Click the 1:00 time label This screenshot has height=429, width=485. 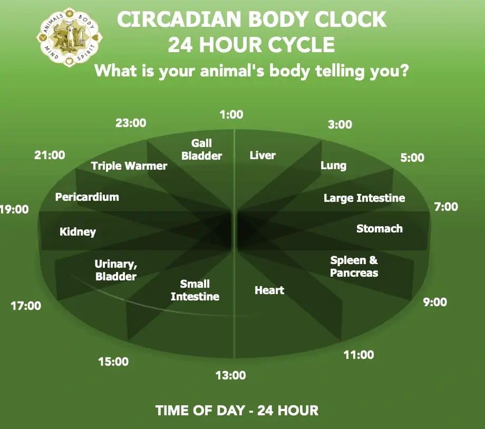pos(231,114)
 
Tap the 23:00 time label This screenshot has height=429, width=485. pos(131,123)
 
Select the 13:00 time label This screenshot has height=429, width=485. pos(230,375)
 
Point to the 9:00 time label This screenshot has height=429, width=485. pos(435,302)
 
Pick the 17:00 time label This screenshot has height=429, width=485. pos(26,306)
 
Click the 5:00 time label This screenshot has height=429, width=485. pos(412,158)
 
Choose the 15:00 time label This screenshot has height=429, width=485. pos(113,361)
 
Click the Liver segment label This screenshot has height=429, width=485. pos(263,155)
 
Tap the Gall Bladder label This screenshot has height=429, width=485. pos(202,149)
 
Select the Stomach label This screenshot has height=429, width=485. pos(380,229)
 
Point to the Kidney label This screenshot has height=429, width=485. pos(77,232)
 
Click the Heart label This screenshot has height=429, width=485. pos(269,290)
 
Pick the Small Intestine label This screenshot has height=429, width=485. pos(195,290)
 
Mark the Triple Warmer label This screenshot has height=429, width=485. pos(129,166)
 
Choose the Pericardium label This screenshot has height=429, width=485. pos(87,197)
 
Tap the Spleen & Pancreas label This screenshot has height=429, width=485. pos(354,266)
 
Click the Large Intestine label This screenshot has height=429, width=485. pos(364,198)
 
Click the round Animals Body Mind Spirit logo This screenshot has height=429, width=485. pos(69,37)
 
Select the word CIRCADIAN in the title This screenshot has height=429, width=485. pos(179,19)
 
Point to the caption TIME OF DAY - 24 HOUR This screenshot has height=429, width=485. pos(237,411)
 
